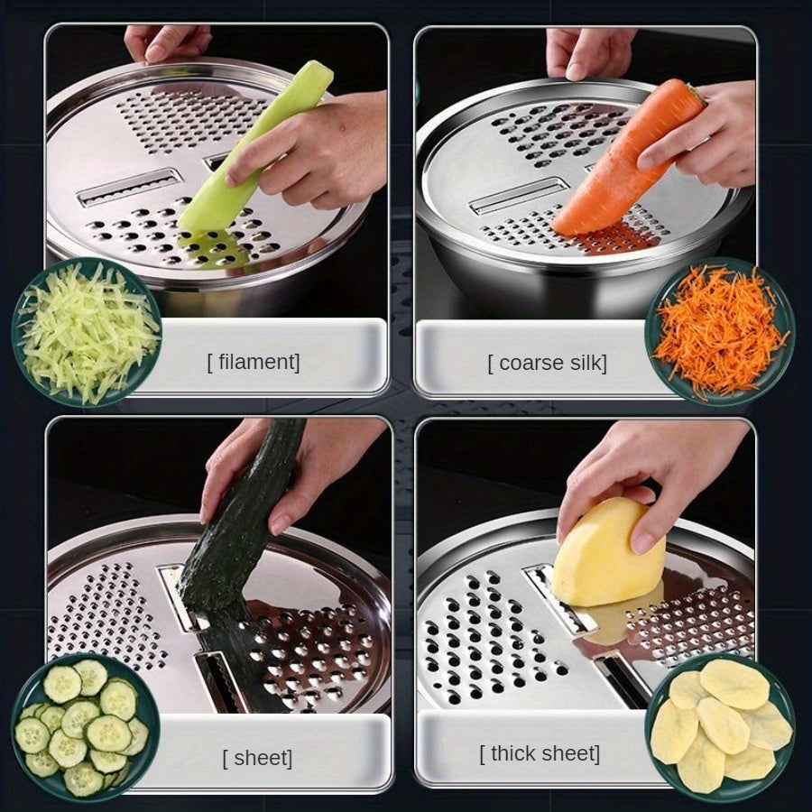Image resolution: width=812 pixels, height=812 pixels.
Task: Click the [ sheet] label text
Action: click(257, 758)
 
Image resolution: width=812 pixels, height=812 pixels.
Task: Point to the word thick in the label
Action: click(515, 753)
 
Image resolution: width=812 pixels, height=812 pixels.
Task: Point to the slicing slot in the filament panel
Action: click(131, 187)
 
